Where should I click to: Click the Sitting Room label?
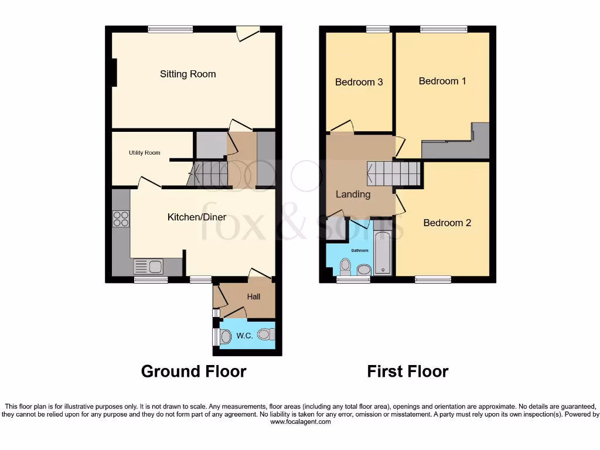click(187, 74)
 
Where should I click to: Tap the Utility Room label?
click(145, 153)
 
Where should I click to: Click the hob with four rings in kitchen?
click(121, 219)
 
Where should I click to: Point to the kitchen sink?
click(148, 267)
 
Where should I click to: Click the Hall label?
click(253, 296)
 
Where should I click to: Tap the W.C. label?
click(244, 336)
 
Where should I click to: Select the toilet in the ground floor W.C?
click(265, 335)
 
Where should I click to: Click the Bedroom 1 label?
click(442, 81)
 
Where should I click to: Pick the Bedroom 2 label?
click(447, 223)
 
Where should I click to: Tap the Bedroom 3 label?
click(359, 82)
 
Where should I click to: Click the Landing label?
click(353, 194)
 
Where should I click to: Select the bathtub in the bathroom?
click(383, 254)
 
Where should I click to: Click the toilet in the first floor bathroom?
click(345, 267)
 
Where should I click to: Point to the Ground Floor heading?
click(193, 371)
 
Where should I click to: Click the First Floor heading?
click(408, 371)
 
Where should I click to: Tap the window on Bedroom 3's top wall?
click(378, 29)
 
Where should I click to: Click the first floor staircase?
click(394, 173)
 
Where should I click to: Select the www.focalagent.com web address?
click(299, 421)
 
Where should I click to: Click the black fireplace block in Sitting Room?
click(114, 73)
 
